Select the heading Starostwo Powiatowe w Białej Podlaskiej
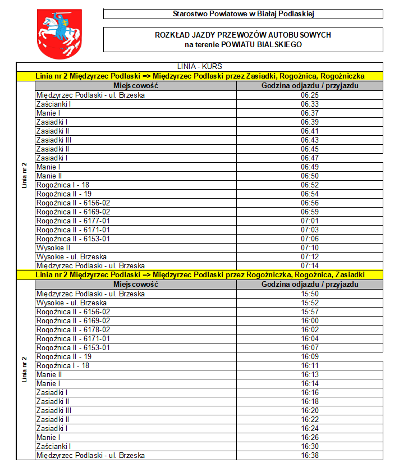tap(243, 14)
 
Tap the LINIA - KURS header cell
tap(199, 67)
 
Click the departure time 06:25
tap(310, 95)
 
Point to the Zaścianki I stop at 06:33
tap(53, 104)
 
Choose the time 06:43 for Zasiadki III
tap(310, 140)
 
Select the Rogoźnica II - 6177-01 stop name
tap(73, 221)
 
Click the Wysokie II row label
tap(53, 248)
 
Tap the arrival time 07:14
tap(310, 265)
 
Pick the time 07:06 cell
tap(310, 239)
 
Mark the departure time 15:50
tap(310, 294)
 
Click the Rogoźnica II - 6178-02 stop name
tap(73, 329)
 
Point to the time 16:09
tap(310, 356)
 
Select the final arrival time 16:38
tap(310, 455)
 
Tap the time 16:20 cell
tap(310, 410)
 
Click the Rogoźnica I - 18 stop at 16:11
tap(63, 365)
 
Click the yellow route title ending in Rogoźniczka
tap(200, 76)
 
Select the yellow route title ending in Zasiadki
tap(200, 274)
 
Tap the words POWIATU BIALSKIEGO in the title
tap(262, 44)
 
